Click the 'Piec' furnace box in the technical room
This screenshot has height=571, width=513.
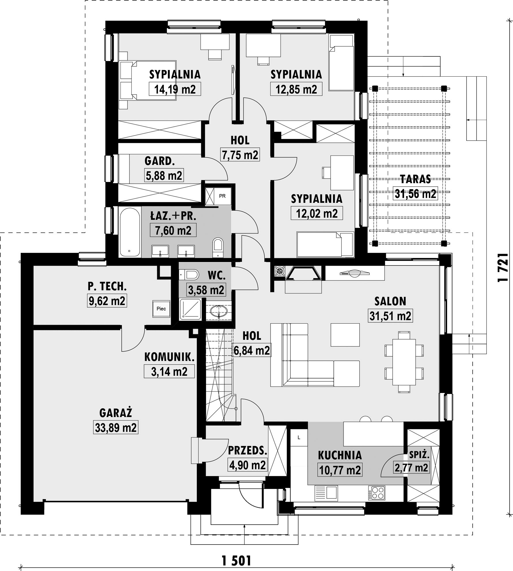161,309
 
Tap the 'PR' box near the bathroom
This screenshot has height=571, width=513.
222,196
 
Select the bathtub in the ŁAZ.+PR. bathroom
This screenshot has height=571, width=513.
130,232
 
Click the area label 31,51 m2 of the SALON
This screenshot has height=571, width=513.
391,316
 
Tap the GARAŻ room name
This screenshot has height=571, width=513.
116,413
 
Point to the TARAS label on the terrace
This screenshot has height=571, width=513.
415,179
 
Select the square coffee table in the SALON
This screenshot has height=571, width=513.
345,335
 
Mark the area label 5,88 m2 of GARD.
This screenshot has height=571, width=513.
164,175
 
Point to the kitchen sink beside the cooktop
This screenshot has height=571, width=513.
326,492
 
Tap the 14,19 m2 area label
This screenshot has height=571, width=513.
175,89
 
